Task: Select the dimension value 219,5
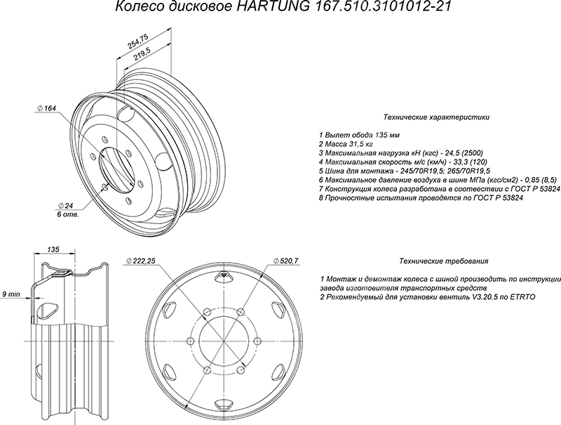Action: tap(143, 55)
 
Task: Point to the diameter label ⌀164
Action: tap(47, 108)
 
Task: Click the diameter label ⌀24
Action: tap(65, 206)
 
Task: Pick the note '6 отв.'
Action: tap(67, 215)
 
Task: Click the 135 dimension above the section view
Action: tap(53, 249)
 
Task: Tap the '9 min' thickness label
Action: tap(11, 294)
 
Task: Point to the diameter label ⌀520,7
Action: tap(285, 261)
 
